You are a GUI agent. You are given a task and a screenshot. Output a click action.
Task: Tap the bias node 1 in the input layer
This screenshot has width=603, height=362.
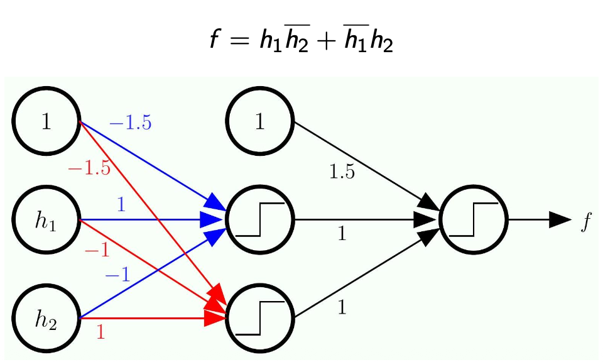tap(46, 122)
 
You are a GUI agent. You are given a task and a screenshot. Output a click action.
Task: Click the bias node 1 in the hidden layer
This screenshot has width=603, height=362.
tap(260, 122)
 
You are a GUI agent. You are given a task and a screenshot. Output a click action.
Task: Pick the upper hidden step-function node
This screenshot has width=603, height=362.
tap(260, 220)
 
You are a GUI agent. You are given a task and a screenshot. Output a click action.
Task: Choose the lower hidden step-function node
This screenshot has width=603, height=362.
tap(260, 319)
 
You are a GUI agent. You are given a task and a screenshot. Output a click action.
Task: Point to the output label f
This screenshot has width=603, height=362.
tap(585, 221)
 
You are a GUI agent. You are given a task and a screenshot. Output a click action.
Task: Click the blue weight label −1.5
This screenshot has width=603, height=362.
tap(130, 123)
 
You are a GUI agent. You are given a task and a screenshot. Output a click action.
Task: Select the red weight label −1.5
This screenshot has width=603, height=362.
tap(89, 168)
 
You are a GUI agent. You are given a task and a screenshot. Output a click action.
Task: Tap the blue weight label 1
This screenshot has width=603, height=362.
tap(121, 204)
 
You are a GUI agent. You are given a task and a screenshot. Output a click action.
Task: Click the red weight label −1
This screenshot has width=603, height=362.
tap(97, 250)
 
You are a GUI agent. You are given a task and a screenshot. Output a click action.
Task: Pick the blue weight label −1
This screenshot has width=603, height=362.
tap(117, 275)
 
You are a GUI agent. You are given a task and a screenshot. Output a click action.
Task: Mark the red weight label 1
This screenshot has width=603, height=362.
tap(100, 332)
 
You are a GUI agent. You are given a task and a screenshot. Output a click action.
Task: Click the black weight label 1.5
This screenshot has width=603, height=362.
tap(342, 172)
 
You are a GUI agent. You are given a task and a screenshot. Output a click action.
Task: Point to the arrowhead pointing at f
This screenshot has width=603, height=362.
tap(559, 220)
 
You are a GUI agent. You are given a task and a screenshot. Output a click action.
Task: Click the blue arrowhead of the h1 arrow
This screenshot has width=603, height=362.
tap(212, 220)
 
